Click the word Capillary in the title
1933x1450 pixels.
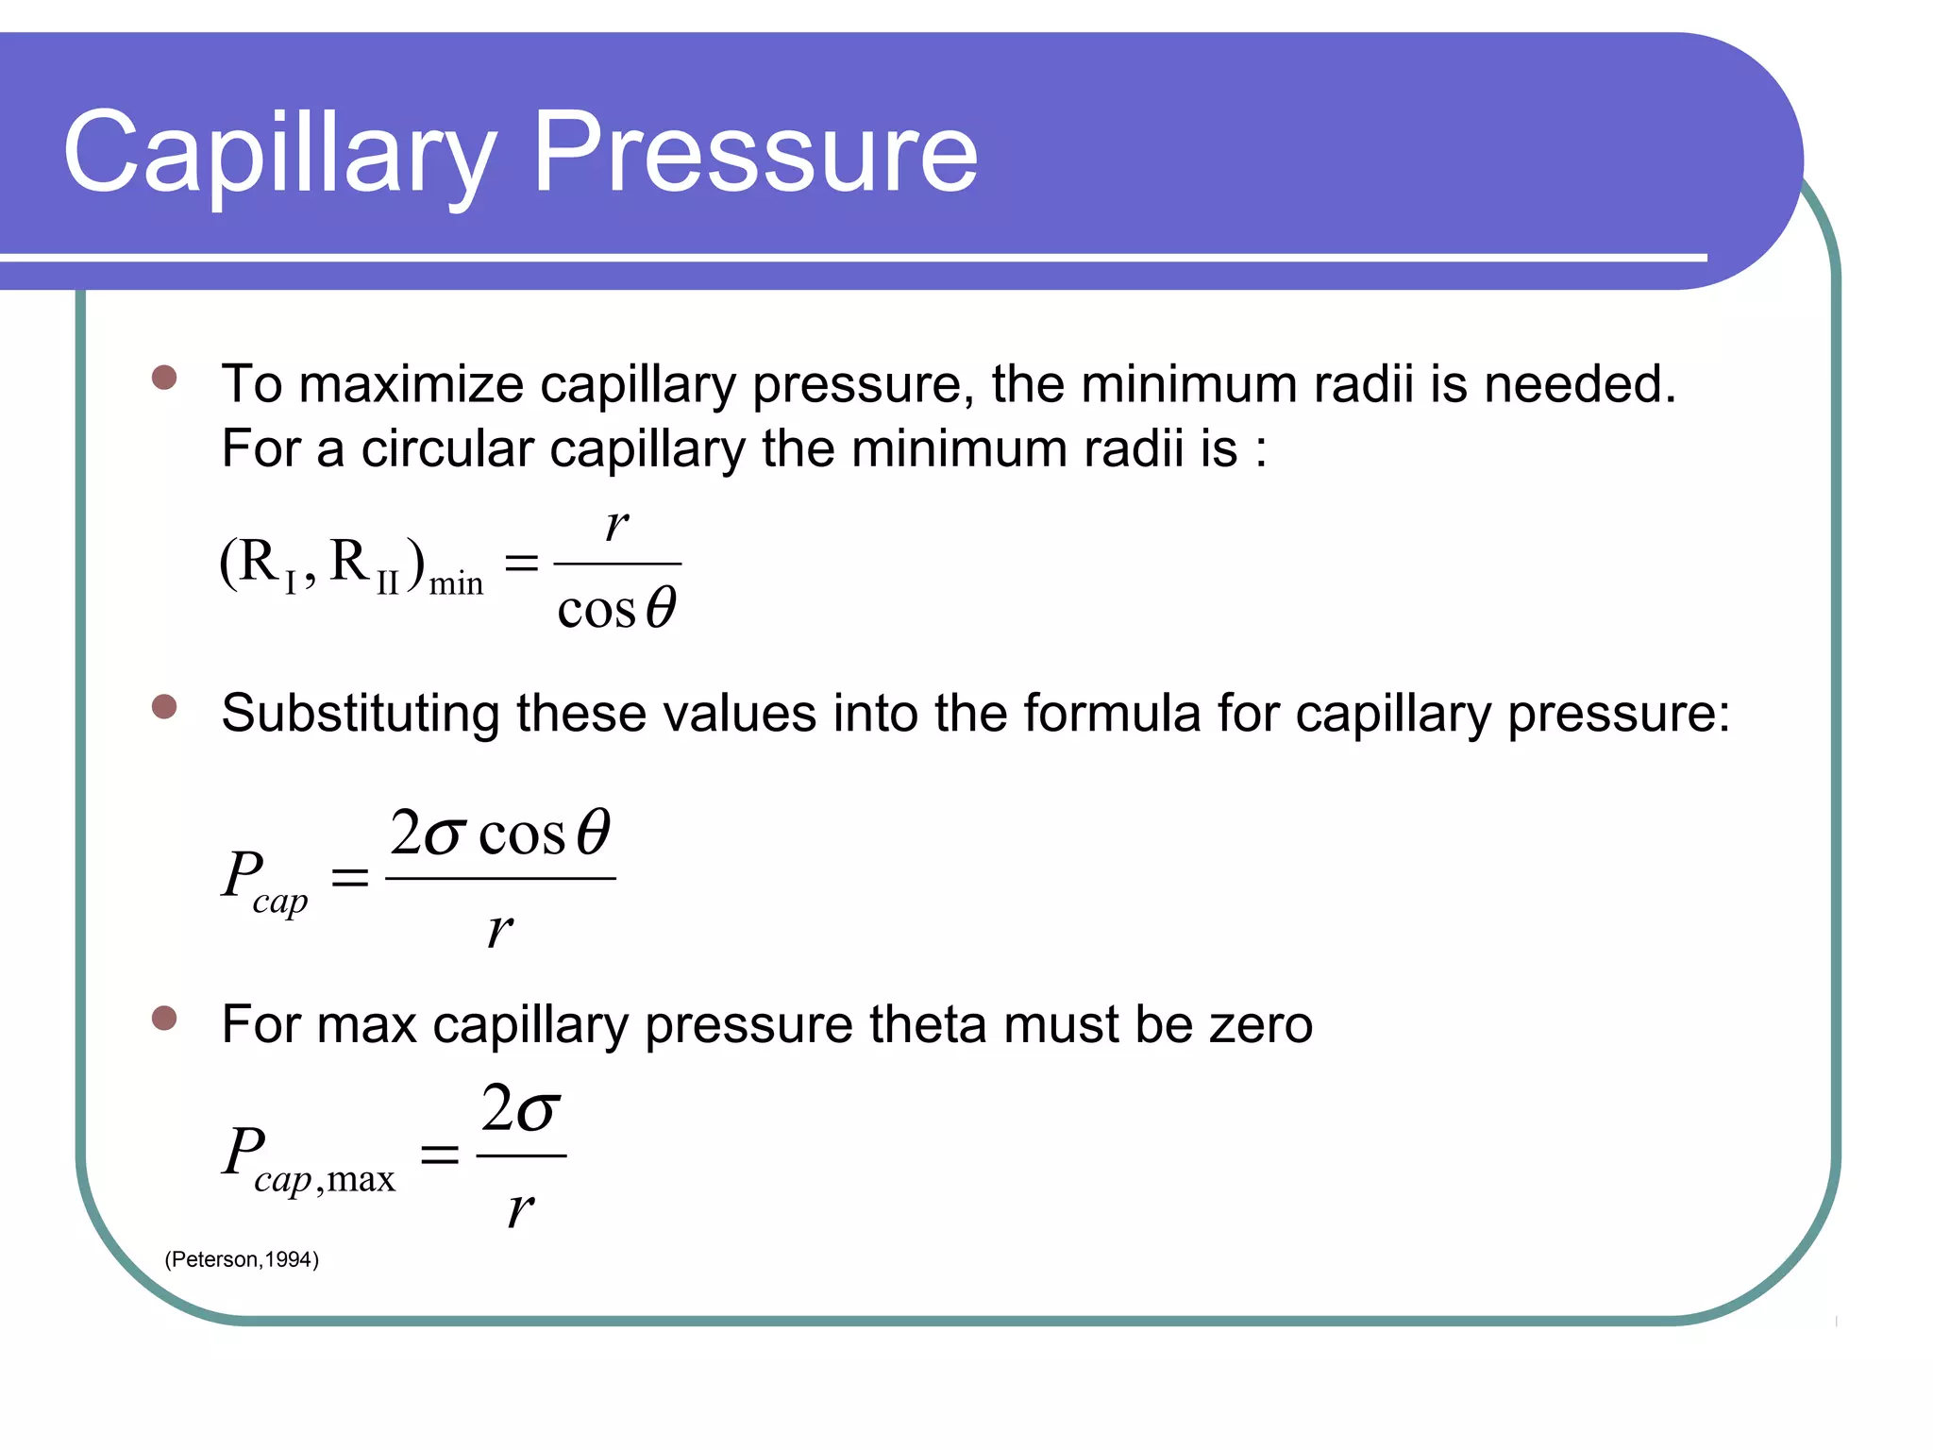[x=279, y=154]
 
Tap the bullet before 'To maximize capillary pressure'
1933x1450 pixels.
[x=164, y=378]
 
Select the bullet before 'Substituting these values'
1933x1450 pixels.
[x=164, y=707]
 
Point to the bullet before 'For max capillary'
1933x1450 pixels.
[x=164, y=1018]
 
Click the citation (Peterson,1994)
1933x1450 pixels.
[x=242, y=1259]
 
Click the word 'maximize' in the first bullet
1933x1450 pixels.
[x=411, y=385]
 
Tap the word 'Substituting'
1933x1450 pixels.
[x=360, y=713]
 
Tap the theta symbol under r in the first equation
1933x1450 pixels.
[x=662, y=607]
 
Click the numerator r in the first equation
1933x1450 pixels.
[x=616, y=525]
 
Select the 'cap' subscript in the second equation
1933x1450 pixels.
[x=280, y=902]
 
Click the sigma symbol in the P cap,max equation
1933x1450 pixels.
[x=539, y=1110]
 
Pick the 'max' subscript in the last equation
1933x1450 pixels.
[x=361, y=1180]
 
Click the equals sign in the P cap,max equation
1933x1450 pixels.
[x=439, y=1154]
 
